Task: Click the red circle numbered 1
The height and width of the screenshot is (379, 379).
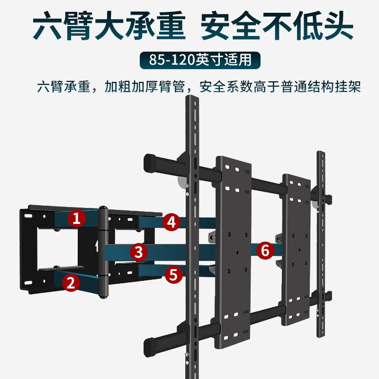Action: pyautogui.click(x=77, y=218)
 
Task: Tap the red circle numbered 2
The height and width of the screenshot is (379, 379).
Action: pyautogui.click(x=71, y=283)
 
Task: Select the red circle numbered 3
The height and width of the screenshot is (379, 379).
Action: pyautogui.click(x=138, y=251)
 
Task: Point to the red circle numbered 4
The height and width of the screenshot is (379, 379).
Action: pyautogui.click(x=172, y=222)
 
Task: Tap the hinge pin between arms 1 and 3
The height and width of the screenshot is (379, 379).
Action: pyautogui.click(x=103, y=251)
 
